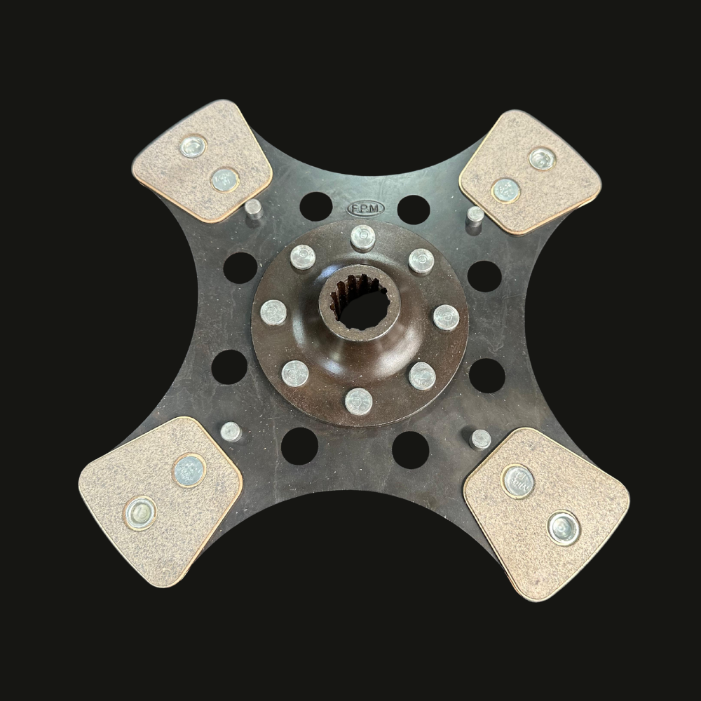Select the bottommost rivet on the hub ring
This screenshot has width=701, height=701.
click(358, 401)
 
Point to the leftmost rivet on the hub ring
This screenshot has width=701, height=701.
click(273, 312)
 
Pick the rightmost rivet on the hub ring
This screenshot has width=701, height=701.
click(446, 317)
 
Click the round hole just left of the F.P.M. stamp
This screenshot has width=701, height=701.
click(315, 206)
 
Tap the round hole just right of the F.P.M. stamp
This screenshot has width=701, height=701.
click(413, 209)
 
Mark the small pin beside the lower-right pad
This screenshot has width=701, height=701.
click(480, 440)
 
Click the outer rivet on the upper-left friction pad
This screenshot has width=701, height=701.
click(192, 147)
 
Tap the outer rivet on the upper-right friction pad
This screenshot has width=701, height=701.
click(542, 159)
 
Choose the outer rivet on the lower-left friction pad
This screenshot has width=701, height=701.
click(139, 513)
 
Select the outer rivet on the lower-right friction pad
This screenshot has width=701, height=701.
click(564, 527)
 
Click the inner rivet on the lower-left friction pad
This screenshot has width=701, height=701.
click(189, 470)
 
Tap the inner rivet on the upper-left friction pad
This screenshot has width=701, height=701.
click(224, 180)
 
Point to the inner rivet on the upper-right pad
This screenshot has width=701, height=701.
click(505, 189)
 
